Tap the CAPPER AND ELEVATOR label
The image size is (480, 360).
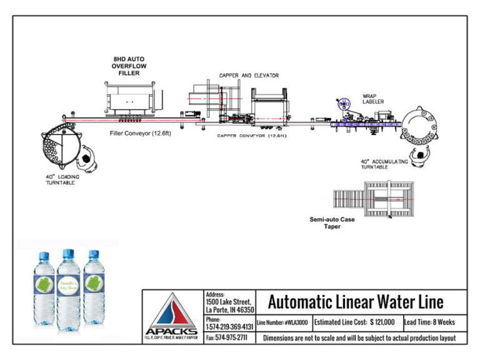pos(248,76)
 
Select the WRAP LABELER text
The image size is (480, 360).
pos(374,99)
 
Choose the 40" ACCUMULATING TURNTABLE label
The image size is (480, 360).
pos(385,164)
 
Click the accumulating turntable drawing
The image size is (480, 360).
pos(421,127)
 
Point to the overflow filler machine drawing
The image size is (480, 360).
pos(131,100)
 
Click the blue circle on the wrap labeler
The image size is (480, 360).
pos(342,104)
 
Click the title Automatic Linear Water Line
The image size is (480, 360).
pos(356,302)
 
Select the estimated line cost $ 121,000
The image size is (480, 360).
pos(354,322)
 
